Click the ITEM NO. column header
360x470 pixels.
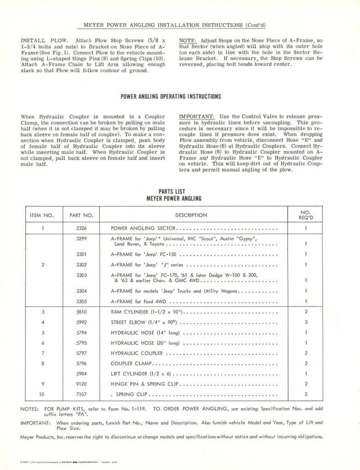[42, 215]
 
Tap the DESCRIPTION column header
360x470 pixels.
[191, 215]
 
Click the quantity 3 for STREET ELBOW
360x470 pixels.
[305, 323]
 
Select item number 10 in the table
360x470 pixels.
[42, 394]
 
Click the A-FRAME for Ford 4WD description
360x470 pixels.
[138, 302]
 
